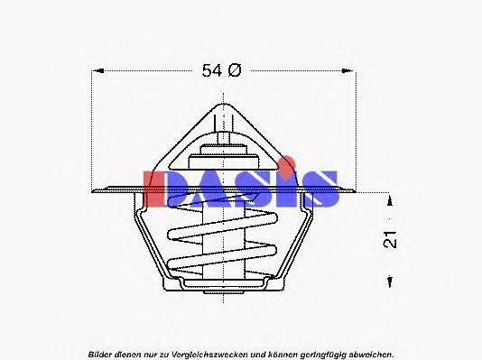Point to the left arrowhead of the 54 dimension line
pyautogui.click(x=97, y=70)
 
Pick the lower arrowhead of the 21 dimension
pyautogui.click(x=389, y=282)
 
